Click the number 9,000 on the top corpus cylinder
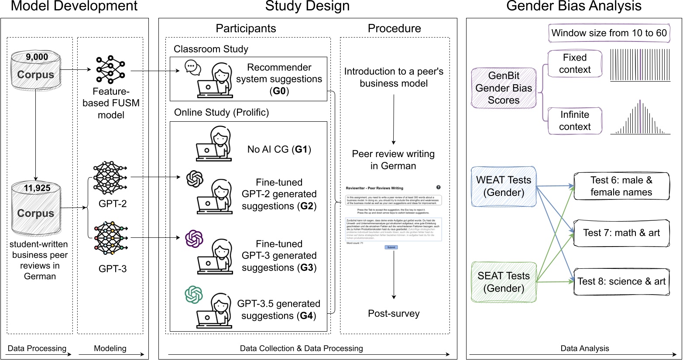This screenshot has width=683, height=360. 37,57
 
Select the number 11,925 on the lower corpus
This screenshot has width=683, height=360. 37,188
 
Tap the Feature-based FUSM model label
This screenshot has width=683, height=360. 111,103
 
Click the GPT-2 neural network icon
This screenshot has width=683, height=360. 110,178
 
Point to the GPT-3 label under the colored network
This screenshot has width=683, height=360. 113,268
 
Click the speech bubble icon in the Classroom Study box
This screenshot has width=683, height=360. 192,67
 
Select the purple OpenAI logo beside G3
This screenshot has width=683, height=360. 194,239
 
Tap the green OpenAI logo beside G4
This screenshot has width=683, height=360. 194,294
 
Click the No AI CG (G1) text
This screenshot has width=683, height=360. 279,149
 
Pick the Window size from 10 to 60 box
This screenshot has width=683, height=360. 609,33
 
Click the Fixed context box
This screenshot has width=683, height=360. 574,64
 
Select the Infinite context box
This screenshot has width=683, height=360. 574,121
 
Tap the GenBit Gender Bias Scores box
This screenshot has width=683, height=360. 504,88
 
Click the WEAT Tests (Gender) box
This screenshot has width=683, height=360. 504,186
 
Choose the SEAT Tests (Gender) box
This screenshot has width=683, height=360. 504,282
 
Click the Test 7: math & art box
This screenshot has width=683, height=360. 621,233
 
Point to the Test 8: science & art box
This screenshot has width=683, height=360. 621,281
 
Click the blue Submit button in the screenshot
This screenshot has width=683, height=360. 391,247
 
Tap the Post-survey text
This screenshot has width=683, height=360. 394,313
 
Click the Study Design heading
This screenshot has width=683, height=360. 307,6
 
